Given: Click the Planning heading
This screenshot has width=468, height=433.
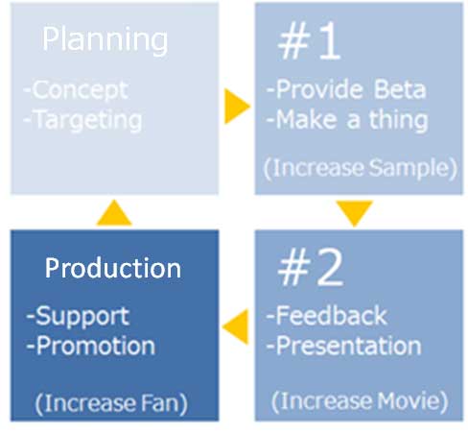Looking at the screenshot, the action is (105, 40).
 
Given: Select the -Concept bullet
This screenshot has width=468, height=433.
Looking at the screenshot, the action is (77, 90).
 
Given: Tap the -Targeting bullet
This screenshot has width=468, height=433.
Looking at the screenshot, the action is (83, 121).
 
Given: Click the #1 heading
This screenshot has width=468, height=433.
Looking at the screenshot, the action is (309, 41).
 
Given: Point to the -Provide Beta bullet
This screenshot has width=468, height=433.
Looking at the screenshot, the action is (346, 89).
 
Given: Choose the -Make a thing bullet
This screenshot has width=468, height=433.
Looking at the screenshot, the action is (347, 120).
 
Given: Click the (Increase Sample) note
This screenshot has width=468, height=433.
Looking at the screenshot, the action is (361, 168).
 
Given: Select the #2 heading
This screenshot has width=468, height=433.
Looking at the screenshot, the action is (311, 267).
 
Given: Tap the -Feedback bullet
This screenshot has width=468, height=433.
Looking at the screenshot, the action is (327, 316).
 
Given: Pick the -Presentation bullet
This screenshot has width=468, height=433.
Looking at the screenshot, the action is (344, 347).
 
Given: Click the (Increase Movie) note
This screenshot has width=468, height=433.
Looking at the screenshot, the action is (360, 401).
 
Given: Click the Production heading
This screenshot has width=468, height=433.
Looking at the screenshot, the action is (113, 268).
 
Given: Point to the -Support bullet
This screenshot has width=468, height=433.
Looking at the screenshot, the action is (78, 317).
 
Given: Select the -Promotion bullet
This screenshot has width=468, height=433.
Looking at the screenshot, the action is (91, 347).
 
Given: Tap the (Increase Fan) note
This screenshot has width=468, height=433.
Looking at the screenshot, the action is (111, 404).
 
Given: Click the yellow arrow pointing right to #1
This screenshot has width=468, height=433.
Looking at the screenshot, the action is (237, 107).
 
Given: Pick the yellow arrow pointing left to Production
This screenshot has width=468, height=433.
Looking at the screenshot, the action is (236, 326).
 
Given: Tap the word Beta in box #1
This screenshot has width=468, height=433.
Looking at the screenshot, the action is (400, 89).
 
